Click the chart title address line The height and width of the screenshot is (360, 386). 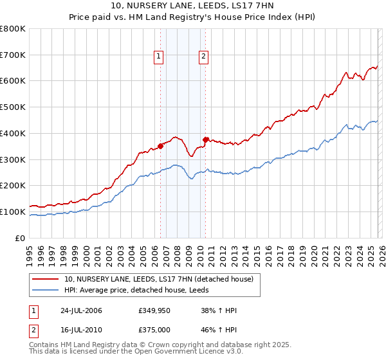[192, 6]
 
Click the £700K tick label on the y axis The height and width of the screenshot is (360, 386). [13, 55]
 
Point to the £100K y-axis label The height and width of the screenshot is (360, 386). [13, 212]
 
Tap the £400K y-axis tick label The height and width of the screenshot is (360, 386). [13, 133]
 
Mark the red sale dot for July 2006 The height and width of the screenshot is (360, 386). [161, 146]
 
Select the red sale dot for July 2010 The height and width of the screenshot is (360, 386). [205, 139]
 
